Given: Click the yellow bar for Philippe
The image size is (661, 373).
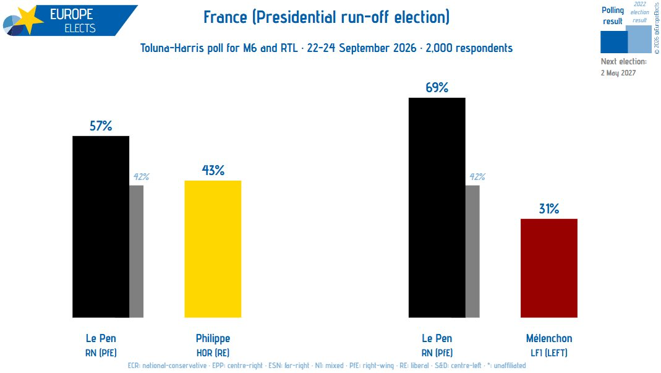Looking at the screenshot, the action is click(x=213, y=249).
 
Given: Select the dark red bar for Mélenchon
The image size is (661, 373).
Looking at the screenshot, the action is click(x=549, y=268).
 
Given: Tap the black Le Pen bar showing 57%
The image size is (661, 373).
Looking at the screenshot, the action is click(x=101, y=226).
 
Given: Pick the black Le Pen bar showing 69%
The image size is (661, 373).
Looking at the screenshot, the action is click(x=437, y=208).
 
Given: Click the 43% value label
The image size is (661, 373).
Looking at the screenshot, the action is click(x=213, y=170).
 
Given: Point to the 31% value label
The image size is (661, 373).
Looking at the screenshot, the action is click(x=549, y=208).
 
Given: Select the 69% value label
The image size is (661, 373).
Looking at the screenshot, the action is click(x=437, y=87).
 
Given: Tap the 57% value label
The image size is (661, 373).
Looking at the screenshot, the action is click(x=101, y=126).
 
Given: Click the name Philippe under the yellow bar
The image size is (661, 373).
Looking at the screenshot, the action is click(x=213, y=338).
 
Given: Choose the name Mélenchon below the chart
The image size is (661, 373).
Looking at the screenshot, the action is click(x=549, y=338).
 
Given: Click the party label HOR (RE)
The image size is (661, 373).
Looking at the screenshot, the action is click(x=213, y=353).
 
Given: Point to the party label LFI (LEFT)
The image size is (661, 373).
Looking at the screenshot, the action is click(x=549, y=353).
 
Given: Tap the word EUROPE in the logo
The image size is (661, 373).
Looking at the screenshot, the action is click(x=71, y=14).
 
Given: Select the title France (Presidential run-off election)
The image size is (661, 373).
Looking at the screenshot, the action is click(x=326, y=17).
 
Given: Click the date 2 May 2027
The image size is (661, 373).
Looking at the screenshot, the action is click(x=618, y=73).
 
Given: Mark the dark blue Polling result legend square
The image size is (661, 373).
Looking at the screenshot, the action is click(x=614, y=42).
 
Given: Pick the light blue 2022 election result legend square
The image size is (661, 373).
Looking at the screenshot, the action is click(x=639, y=39).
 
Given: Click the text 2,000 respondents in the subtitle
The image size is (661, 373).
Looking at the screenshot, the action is click(x=469, y=48).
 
